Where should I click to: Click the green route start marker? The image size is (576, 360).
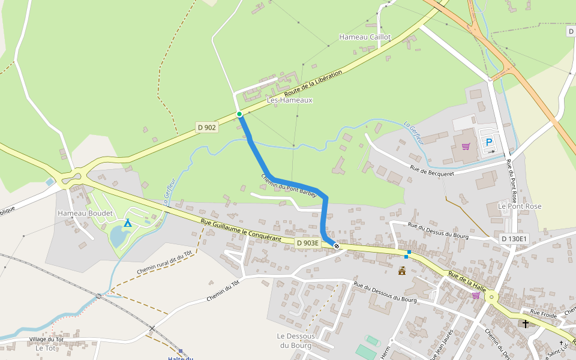coord(239,114)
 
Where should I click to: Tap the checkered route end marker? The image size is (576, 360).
coord(337,245)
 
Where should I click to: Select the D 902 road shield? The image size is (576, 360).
coord(206,127)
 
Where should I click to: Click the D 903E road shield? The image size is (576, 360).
coord(308,242)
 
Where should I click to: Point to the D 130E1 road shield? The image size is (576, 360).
coord(514,239)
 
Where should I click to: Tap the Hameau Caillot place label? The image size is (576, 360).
coord(365,37)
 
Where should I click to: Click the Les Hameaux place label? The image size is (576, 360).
coord(290,100)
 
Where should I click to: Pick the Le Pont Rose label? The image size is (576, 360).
coord(520,206)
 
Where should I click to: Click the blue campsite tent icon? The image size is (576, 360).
coord(127,223)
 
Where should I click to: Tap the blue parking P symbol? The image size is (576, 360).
coord(489,143)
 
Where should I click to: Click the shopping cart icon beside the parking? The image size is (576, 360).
coord(466,146)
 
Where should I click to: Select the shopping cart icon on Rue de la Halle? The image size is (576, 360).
coord(476,295)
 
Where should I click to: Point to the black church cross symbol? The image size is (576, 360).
coord(526,324)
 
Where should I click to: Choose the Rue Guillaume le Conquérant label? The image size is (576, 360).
coord(245,231)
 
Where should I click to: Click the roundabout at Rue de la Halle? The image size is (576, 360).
coord(492,296)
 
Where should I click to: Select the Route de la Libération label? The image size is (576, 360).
coord(313,84)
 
